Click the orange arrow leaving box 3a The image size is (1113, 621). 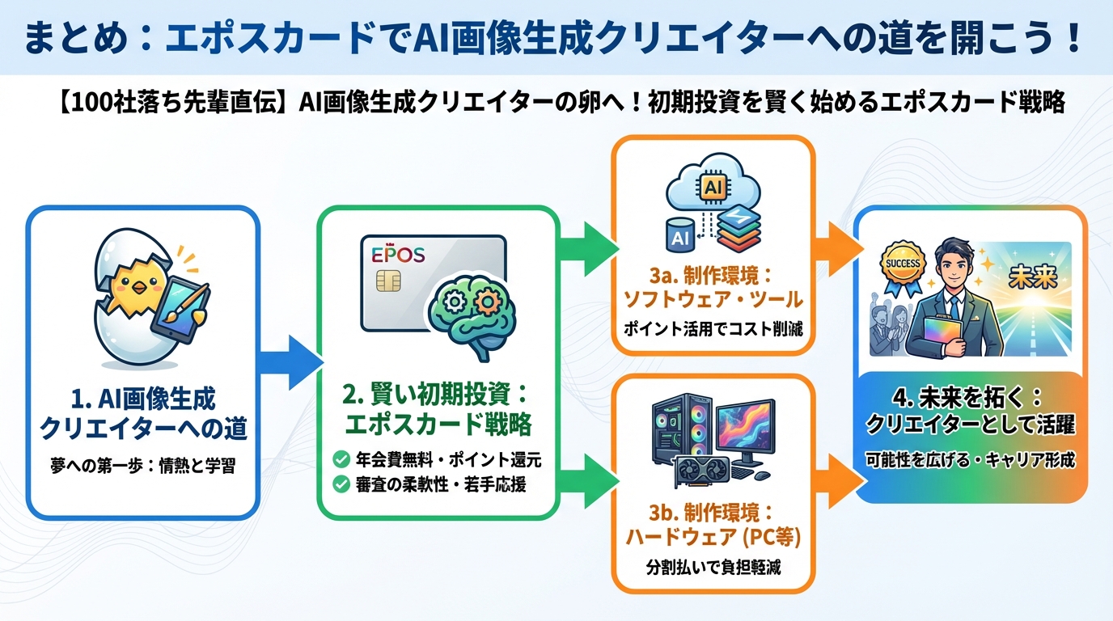835,240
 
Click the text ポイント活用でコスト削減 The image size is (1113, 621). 712,330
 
